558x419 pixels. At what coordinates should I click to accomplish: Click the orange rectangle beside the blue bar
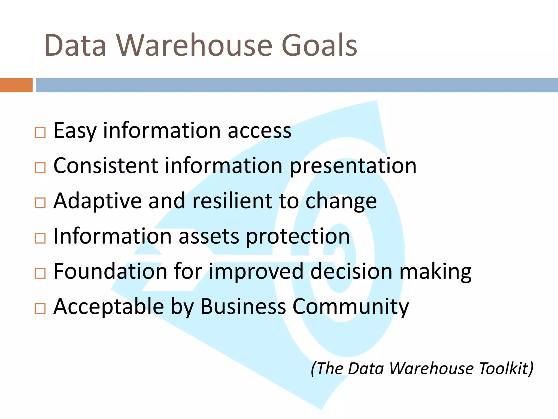pos(16,85)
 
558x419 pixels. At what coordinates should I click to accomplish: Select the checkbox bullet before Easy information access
pos(40,133)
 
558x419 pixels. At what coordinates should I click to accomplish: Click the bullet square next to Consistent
pos(40,168)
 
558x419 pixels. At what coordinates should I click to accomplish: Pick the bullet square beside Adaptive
pos(40,203)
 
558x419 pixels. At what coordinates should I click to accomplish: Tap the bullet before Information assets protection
pos(40,238)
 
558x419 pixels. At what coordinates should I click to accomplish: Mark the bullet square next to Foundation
pos(40,273)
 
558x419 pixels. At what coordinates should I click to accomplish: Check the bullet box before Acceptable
pos(40,309)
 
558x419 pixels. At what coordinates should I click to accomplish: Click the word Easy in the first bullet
pos(75,131)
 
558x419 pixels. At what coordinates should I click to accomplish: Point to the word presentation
pos(353,166)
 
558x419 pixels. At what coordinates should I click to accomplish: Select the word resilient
pos(232,201)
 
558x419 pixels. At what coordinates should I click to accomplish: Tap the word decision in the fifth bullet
pos(351,272)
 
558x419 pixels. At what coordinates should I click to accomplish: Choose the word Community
pos(351,307)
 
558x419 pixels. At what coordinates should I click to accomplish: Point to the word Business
pos(243,307)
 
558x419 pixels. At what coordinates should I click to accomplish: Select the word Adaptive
pos(98,201)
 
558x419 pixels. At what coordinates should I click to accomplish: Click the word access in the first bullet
pos(259,131)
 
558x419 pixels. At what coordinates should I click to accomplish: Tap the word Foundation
pos(110,271)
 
